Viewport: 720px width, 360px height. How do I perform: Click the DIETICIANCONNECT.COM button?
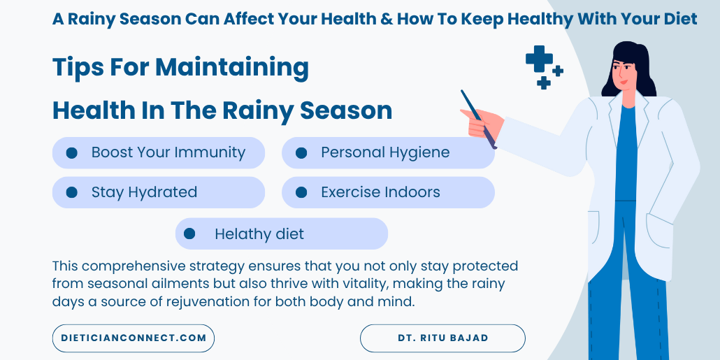(133, 338)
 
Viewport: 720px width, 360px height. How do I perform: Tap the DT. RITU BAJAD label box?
(442, 338)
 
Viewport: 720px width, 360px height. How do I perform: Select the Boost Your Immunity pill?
(159, 152)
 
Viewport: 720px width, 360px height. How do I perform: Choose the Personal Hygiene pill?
(388, 152)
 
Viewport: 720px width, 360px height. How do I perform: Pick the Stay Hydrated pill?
(159, 192)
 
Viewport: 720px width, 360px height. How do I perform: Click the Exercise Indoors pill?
(388, 192)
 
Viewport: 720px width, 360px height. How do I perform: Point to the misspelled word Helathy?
(238, 234)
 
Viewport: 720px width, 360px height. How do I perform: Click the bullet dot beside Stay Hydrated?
(71, 192)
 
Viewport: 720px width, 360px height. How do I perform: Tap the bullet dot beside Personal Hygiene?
(301, 152)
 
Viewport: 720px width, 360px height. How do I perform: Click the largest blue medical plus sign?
(538, 59)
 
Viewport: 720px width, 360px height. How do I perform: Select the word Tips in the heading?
(78, 68)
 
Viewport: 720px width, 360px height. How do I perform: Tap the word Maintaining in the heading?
(232, 68)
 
